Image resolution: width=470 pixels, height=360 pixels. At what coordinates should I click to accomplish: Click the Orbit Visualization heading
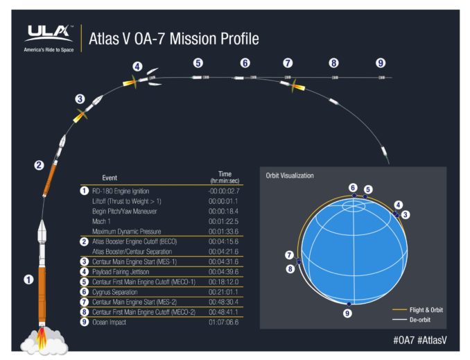(x=289, y=175)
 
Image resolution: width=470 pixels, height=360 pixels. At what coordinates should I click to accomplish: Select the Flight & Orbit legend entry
(x=427, y=309)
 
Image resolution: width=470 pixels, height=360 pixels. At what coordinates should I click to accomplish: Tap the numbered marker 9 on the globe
(x=347, y=314)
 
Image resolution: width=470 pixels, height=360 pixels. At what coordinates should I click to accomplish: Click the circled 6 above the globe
(x=353, y=187)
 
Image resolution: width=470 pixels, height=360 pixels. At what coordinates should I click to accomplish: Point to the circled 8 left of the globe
(x=290, y=268)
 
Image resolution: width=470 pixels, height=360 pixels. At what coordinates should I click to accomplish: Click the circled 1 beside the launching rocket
(x=28, y=280)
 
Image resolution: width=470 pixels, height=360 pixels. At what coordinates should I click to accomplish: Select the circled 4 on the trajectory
(x=137, y=67)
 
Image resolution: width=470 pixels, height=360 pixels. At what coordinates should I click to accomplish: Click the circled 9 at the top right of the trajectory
(x=380, y=62)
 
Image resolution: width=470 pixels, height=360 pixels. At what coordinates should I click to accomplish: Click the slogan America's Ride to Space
(x=49, y=49)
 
